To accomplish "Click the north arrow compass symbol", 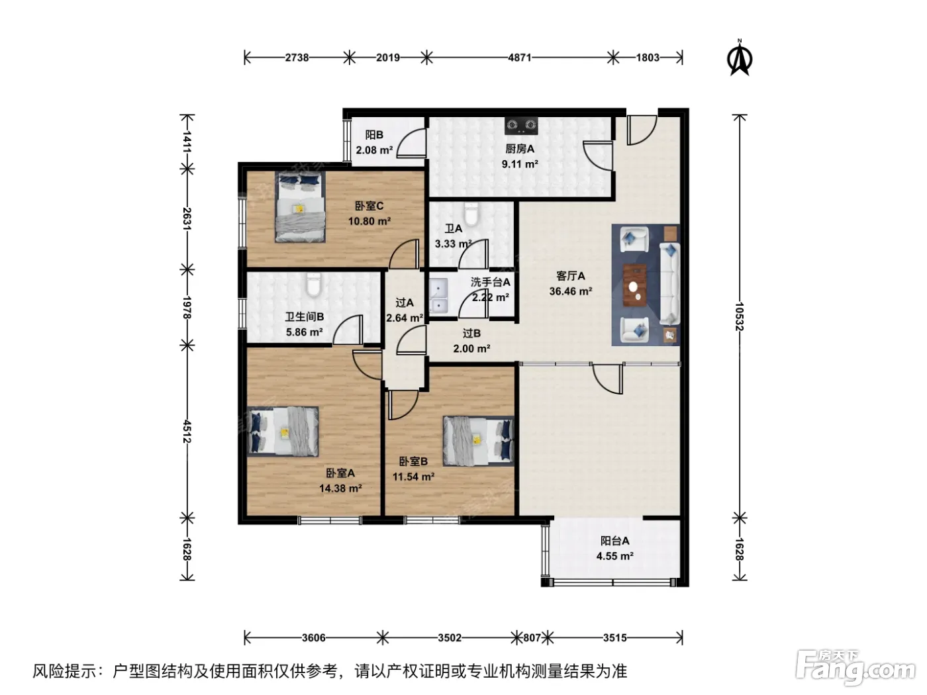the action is (740, 58).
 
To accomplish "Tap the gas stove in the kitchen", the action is (521, 125).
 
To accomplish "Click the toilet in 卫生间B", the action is (313, 285).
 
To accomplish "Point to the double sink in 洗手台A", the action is (439, 296).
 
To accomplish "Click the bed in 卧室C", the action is (300, 207).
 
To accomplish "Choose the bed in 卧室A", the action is (283, 432).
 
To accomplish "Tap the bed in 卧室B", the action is (478, 441).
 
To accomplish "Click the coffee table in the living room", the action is (634, 285).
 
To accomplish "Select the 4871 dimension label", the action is (520, 58).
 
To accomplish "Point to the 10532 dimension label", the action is (739, 316).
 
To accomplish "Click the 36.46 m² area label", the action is (570, 291).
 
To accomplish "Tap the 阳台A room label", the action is (615, 541).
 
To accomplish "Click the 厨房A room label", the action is (520, 148).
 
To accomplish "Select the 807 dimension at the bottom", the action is (532, 637).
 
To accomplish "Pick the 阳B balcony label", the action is (374, 134).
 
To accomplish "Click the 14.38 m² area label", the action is (340, 488).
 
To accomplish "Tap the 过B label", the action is (471, 333).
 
